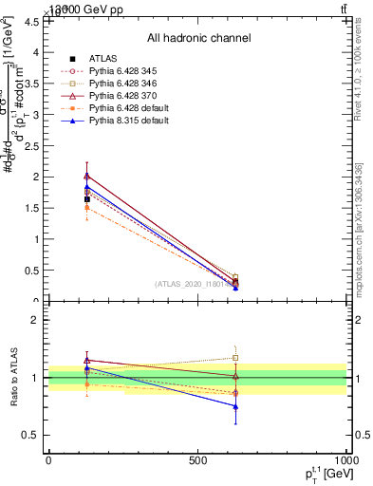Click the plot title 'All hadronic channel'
[x=198, y=39]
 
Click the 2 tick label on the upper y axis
[x=36, y=177]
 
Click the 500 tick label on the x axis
[x=197, y=461]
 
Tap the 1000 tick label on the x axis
[x=345, y=461]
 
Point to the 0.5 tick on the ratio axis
[x=31, y=435]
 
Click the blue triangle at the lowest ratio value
[x=235, y=406]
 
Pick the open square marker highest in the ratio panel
[x=235, y=358]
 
